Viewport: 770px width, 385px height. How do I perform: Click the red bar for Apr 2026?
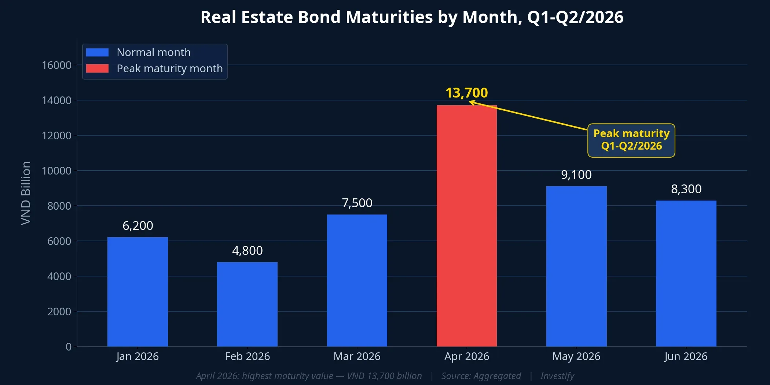tap(466, 225)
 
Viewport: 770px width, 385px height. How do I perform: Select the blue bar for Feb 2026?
tap(247, 304)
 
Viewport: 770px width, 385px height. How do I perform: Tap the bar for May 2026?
tap(576, 266)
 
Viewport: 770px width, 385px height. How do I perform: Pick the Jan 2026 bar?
tap(137, 291)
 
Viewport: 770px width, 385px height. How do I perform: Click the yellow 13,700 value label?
tap(466, 93)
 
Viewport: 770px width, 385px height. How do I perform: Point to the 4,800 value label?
tap(247, 250)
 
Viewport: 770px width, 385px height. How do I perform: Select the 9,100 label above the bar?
tap(576, 175)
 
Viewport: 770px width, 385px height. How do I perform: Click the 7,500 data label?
tap(357, 203)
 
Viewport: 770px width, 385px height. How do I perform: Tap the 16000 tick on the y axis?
tap(56, 65)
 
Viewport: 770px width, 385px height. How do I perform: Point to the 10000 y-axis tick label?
tap(56, 171)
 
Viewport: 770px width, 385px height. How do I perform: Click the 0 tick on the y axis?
tap(69, 346)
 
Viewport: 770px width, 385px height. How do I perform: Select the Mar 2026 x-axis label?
tap(357, 356)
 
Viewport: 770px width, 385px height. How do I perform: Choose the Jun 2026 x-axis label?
tap(686, 356)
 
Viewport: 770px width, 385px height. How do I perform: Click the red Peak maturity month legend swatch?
tap(97, 69)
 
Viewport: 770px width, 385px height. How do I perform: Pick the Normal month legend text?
tap(154, 52)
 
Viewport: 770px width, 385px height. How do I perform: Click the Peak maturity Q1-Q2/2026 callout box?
tap(631, 140)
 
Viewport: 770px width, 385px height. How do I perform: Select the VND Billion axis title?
tap(26, 193)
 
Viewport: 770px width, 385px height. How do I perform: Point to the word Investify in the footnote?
tap(557, 376)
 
